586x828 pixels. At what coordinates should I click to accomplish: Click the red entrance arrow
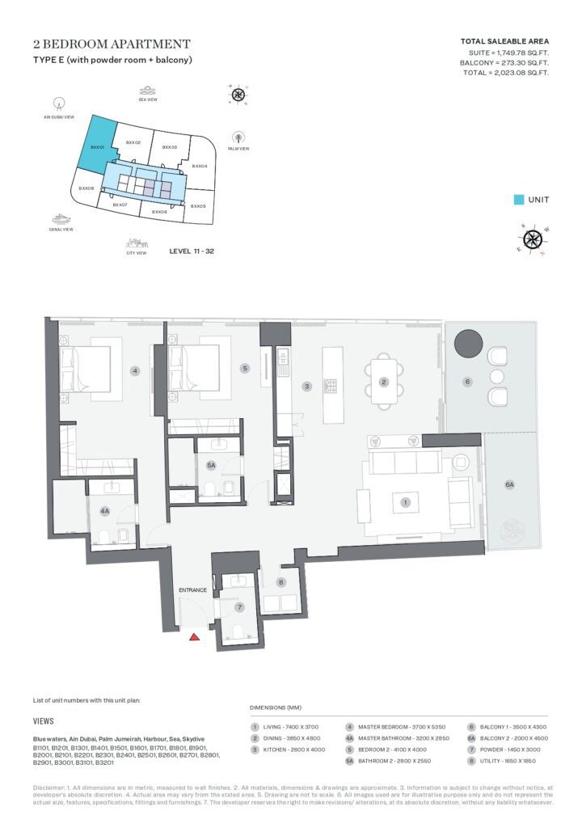[x=194, y=637]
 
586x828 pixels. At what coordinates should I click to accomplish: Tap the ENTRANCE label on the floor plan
[x=193, y=590]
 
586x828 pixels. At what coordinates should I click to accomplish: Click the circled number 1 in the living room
[x=405, y=502]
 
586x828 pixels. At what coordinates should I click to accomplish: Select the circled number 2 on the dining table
[x=384, y=382]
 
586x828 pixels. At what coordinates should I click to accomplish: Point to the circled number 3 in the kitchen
[x=307, y=387]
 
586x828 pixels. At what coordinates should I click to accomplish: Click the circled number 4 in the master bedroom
[x=135, y=371]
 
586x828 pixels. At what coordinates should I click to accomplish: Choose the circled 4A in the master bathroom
[x=105, y=511]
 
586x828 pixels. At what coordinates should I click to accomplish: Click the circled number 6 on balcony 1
[x=467, y=382]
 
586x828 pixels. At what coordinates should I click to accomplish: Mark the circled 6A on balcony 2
[x=509, y=484]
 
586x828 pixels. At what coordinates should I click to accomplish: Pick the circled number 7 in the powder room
[x=239, y=606]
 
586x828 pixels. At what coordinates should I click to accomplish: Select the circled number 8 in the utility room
[x=281, y=582]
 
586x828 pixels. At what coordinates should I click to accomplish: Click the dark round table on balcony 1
[x=468, y=344]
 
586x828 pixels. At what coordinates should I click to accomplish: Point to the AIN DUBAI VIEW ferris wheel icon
[x=58, y=103]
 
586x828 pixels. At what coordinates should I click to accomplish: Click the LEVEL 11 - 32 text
[x=192, y=251]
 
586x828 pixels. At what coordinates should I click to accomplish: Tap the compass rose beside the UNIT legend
[x=532, y=239]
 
